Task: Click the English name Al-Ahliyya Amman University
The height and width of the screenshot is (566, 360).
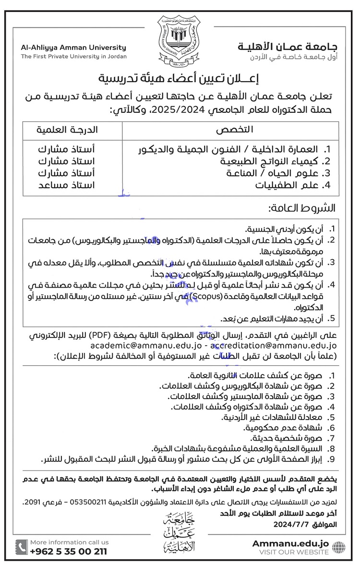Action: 73,48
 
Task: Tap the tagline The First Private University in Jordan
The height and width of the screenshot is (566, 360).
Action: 73,56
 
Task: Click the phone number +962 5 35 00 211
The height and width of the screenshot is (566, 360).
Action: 68,552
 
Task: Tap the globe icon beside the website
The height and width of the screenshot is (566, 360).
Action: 338,547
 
